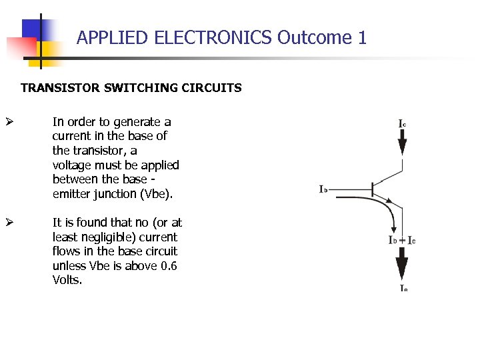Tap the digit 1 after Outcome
click(x=362, y=38)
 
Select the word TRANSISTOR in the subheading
click(x=53, y=88)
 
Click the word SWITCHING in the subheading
click(x=125, y=88)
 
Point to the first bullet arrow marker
click(x=9, y=122)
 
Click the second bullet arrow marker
click(x=9, y=223)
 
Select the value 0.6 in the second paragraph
click(x=168, y=266)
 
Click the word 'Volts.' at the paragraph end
click(x=67, y=280)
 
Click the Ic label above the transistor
click(x=403, y=124)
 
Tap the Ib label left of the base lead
click(x=323, y=189)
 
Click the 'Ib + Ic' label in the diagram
click(x=402, y=240)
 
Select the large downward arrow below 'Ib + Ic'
click(x=402, y=264)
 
